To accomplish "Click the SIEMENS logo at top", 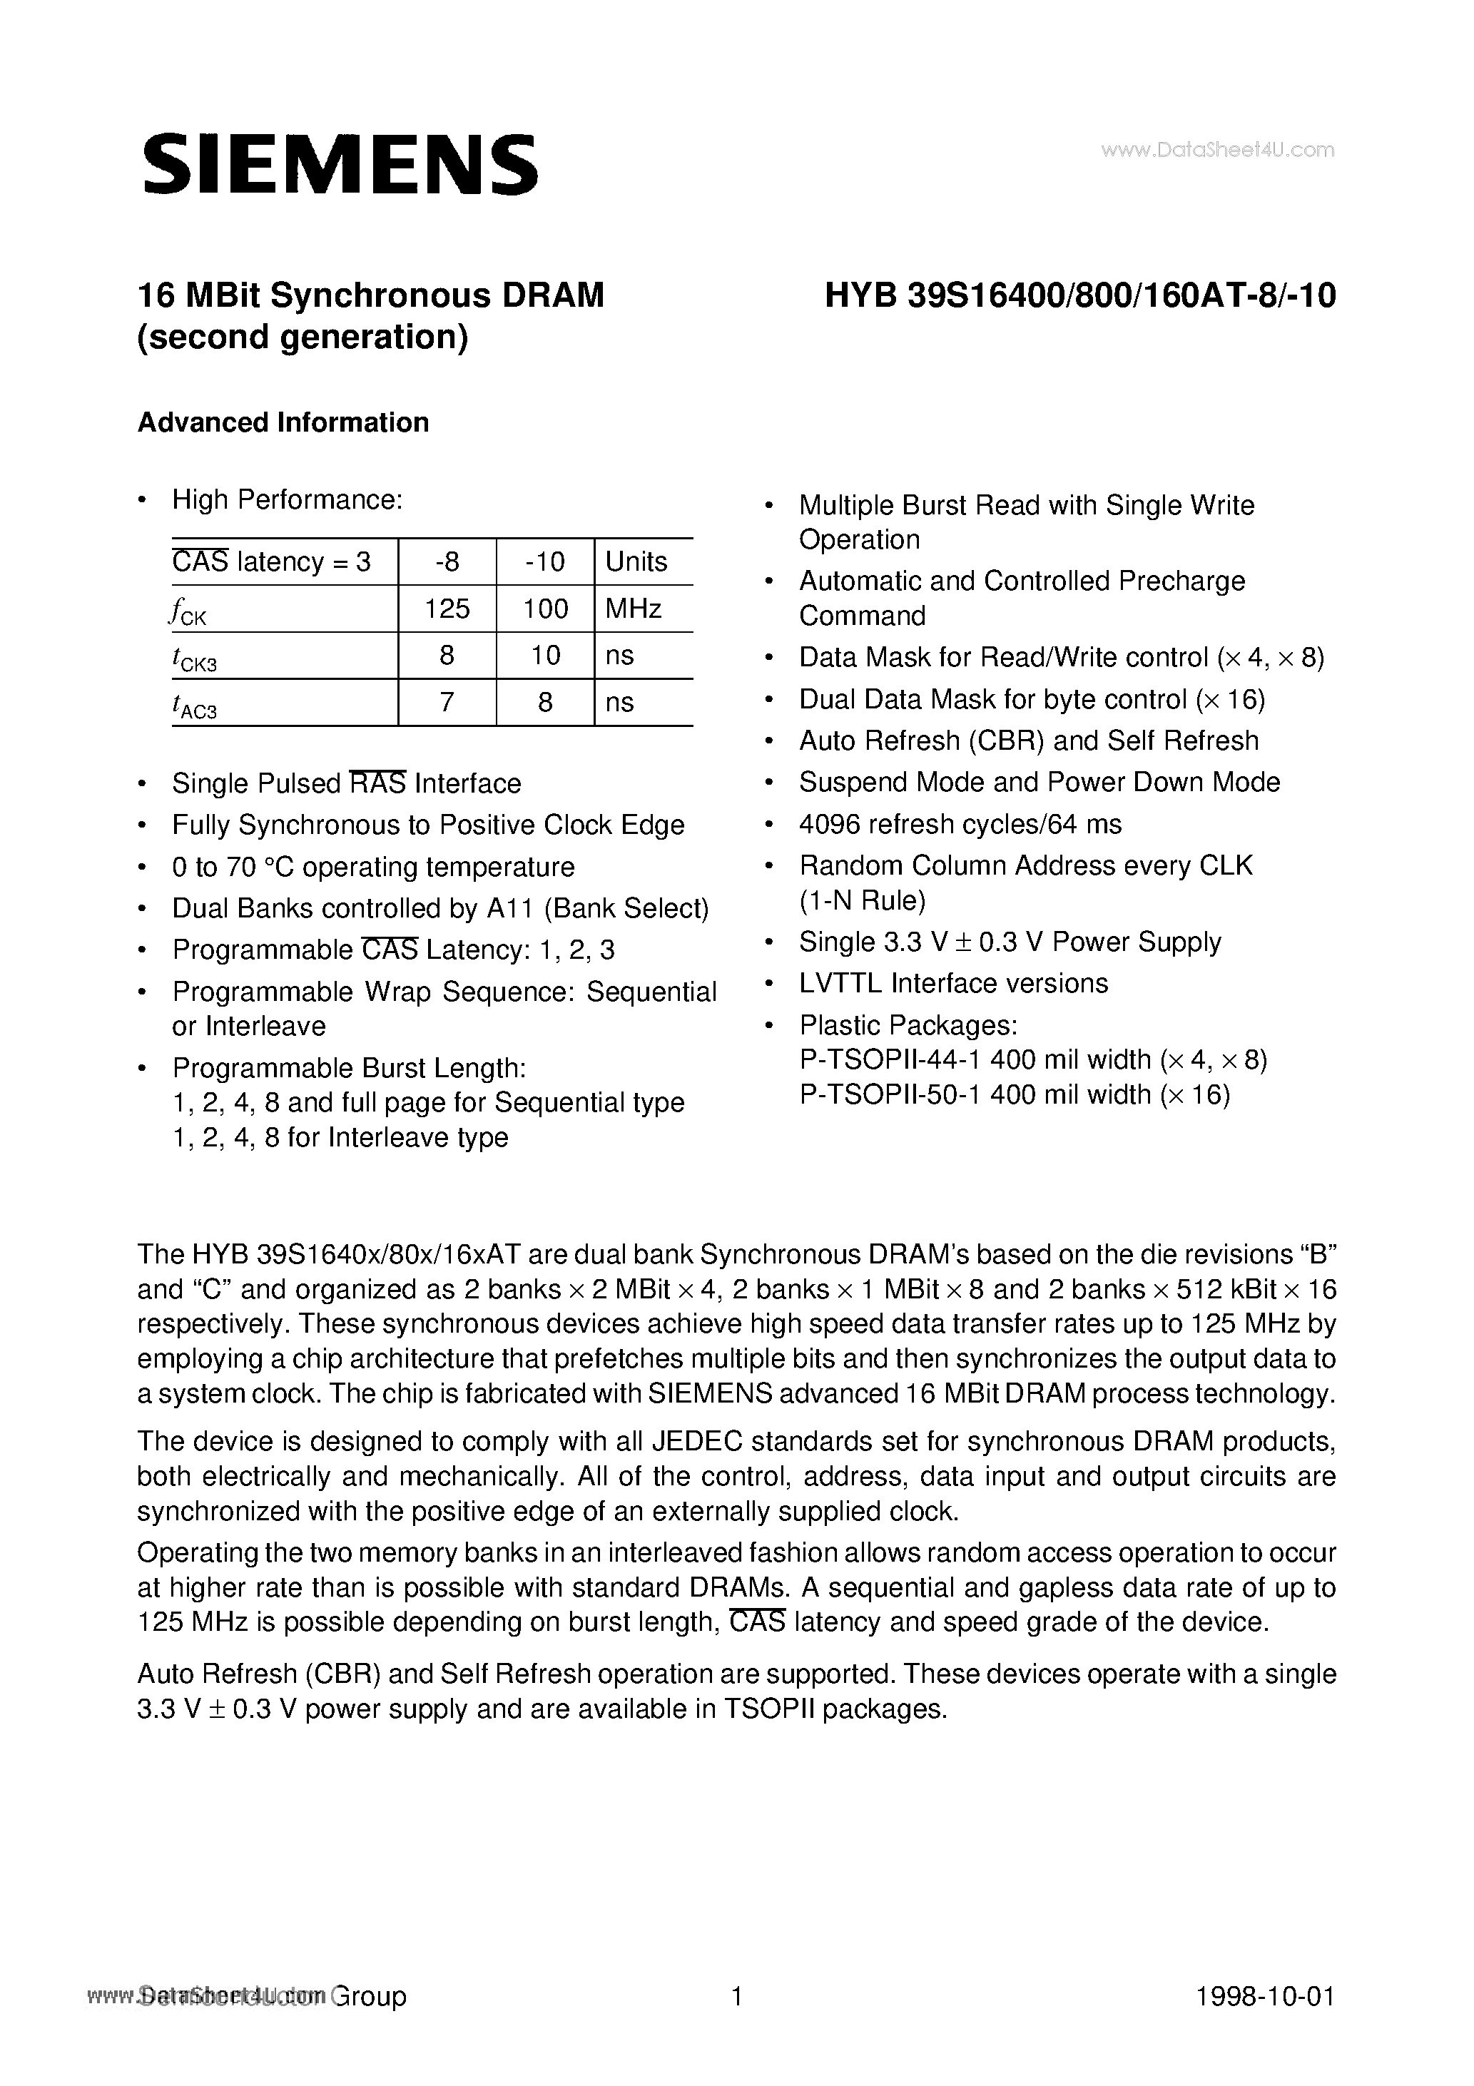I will coord(340,165).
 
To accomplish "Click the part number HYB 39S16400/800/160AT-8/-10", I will coord(1079,296).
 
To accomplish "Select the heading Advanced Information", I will coord(283,422).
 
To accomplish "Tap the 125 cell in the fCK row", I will coord(446,609).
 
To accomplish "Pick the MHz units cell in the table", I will coord(634,609).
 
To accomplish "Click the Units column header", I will coord(636,561).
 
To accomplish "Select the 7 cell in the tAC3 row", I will coord(446,702).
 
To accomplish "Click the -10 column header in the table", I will coord(545,561).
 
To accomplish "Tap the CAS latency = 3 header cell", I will coord(272,561).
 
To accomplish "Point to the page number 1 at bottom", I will coord(737,1996).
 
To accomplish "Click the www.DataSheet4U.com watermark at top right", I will coord(1217,150).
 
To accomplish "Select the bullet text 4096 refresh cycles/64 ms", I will coord(960,824).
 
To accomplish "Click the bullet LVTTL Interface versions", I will coord(953,983).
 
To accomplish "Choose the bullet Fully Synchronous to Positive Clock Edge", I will coord(428,825).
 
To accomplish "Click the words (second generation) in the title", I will coord(303,337).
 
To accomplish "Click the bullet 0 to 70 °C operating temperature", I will coord(372,867).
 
